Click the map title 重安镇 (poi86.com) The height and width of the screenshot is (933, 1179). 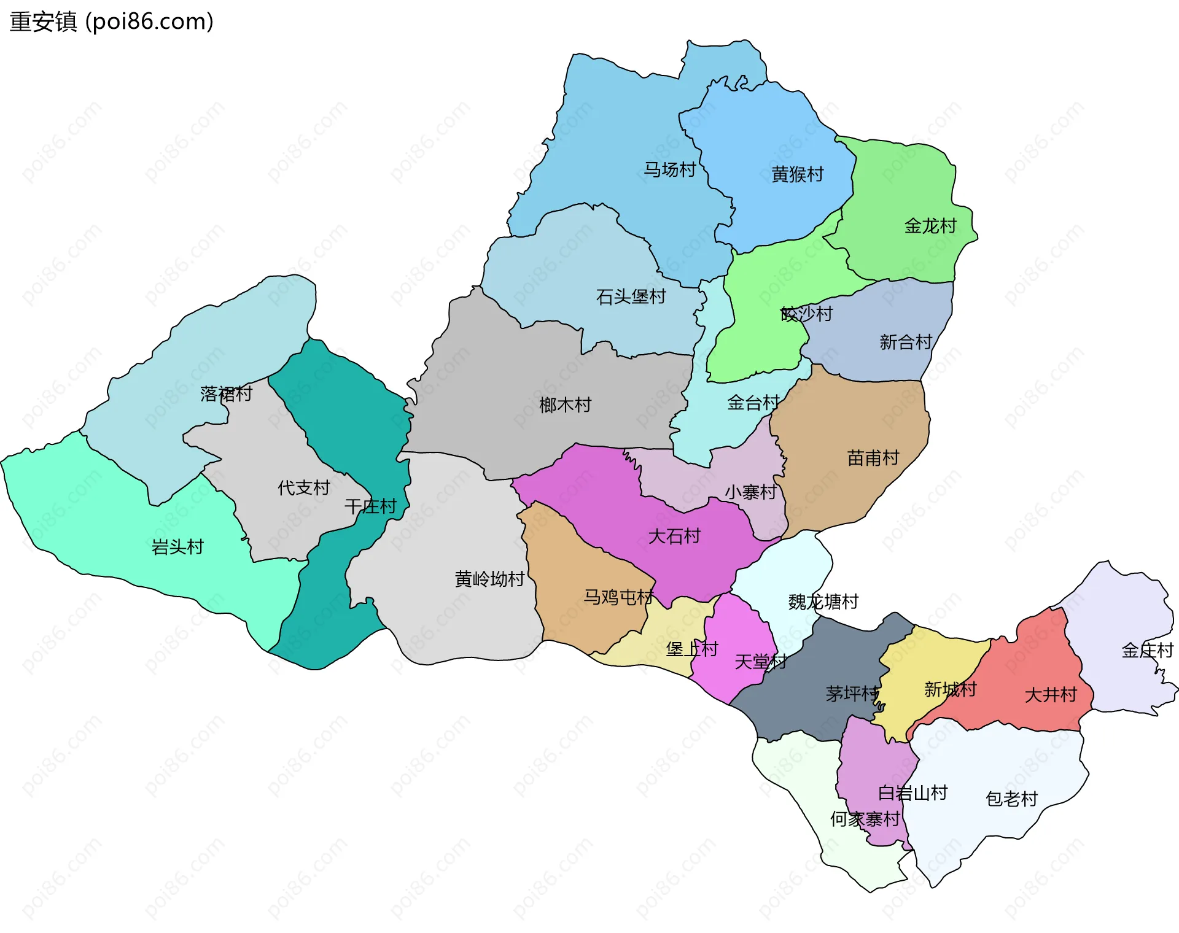111,21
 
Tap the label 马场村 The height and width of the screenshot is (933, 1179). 669,169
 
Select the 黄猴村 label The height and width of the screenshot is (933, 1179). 797,174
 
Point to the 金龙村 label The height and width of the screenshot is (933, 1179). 930,226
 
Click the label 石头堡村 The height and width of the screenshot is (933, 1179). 631,297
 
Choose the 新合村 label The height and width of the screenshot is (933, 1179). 905,342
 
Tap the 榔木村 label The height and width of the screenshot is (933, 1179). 565,405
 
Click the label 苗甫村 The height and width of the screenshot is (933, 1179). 873,458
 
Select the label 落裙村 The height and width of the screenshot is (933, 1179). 226,394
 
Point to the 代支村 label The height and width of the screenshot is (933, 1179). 303,488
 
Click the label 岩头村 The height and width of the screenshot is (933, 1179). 177,547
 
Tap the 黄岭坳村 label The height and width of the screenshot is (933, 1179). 489,579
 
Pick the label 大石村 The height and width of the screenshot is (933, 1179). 674,536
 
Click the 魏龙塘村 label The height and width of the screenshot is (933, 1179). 823,602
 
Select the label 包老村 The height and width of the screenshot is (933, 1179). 1011,799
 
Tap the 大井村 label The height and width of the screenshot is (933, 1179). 1051,695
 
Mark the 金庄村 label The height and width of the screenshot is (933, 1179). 1146,650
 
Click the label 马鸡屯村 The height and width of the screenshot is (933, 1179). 618,597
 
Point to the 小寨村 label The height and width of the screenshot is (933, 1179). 750,492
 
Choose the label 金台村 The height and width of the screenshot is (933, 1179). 753,403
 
